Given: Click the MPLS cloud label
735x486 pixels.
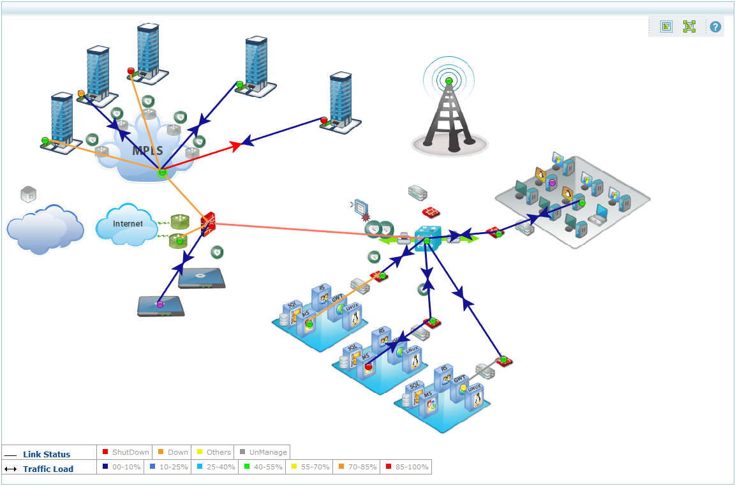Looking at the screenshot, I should tap(147, 151).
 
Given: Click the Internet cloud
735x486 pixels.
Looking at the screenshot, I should tap(128, 225).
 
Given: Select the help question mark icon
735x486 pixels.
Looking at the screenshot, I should tap(715, 27).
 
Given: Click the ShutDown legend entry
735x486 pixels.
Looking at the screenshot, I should tap(126, 452).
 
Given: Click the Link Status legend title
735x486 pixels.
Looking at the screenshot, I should tap(47, 454).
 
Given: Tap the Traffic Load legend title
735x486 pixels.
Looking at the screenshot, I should tap(48, 469).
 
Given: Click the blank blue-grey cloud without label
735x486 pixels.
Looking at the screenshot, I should tap(45, 228).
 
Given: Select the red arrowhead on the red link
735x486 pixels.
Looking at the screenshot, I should tap(235, 146).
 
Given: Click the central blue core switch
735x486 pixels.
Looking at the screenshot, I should tap(426, 239).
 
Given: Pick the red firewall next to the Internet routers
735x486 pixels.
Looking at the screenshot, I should tap(209, 225).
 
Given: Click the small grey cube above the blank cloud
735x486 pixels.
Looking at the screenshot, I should tap(28, 193).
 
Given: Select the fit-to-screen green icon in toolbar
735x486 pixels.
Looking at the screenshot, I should tap(689, 27).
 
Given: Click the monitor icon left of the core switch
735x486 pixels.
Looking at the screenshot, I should tap(362, 207).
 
